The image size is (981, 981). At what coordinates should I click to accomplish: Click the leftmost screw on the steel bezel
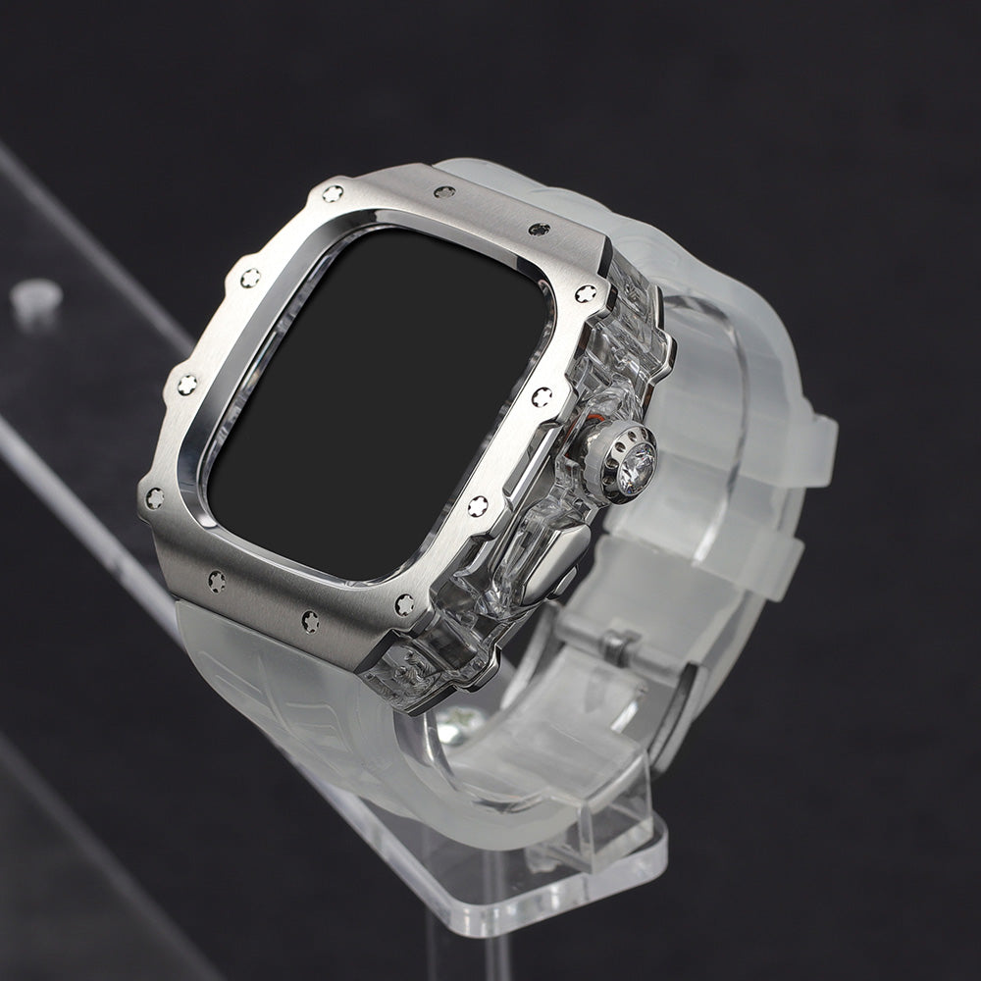pyautogui.click(x=154, y=499)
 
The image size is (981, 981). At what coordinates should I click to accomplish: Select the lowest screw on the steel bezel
pyautogui.click(x=311, y=621)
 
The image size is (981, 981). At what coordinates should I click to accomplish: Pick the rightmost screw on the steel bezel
pyautogui.click(x=587, y=293)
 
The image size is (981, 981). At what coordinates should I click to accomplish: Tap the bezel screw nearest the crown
pyautogui.click(x=542, y=396)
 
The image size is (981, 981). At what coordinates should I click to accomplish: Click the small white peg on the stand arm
pyautogui.click(x=36, y=298)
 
